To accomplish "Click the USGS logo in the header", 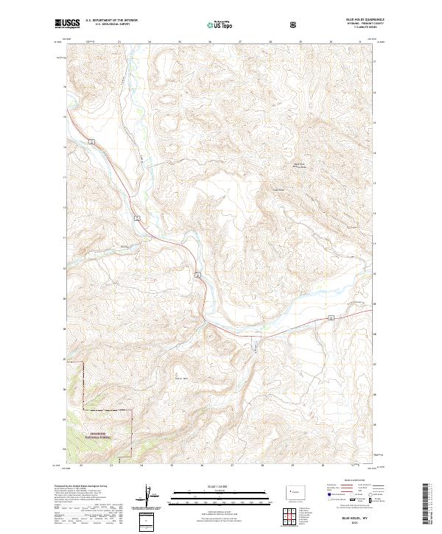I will pos(67,24).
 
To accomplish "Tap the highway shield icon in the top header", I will pos(294,24).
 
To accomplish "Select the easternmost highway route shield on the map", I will pos(331,317).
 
